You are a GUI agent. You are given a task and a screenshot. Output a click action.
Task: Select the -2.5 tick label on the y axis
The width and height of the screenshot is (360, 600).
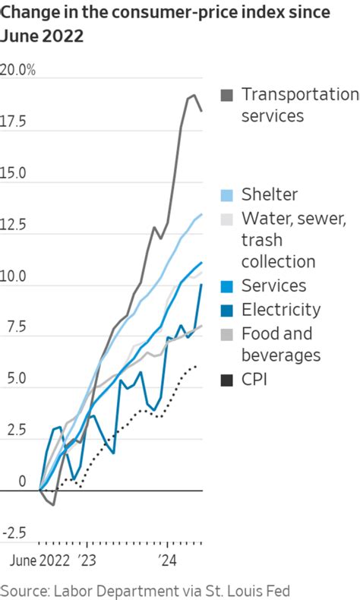click(x=14, y=533)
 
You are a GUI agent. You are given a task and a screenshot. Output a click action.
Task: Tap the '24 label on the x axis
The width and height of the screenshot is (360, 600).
click(x=166, y=563)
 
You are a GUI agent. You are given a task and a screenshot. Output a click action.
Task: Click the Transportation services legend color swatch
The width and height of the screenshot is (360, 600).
click(x=227, y=96)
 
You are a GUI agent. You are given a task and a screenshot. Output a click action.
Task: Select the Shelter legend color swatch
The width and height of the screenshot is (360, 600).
click(x=227, y=195)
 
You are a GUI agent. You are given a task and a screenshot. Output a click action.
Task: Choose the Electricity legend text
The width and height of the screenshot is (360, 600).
click(x=281, y=309)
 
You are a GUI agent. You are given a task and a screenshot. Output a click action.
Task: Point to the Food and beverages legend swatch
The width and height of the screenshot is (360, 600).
click(x=227, y=334)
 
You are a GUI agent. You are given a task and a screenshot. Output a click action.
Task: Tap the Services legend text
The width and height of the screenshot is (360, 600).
click(x=274, y=286)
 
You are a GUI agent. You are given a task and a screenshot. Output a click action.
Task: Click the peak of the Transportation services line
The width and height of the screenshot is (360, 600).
click(x=194, y=95)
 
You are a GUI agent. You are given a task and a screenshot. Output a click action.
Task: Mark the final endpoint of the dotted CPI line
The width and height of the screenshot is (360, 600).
click(x=197, y=365)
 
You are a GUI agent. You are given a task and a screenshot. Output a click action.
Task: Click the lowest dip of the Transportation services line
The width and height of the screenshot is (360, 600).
click(x=53, y=504)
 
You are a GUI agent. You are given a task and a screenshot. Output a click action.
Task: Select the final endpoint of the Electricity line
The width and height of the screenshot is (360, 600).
click(x=201, y=284)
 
